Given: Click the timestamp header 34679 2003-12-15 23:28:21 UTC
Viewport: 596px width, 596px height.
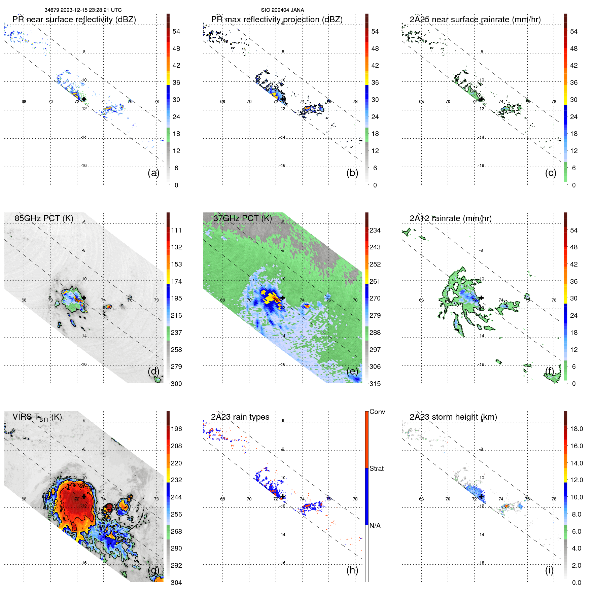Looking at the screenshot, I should [x=83, y=10].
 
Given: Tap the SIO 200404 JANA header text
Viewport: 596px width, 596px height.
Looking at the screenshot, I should [x=282, y=10].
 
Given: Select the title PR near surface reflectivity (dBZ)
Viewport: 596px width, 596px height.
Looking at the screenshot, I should [x=74, y=20].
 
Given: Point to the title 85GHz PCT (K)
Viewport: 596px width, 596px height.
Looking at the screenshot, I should [x=44, y=218].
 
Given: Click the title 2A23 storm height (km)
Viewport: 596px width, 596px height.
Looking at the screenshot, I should [x=453, y=417].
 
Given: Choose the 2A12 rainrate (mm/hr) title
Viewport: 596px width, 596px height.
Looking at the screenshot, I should [x=450, y=218].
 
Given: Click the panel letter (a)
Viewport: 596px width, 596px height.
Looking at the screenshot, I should [x=153, y=173].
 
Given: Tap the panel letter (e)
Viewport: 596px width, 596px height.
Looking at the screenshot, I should [x=352, y=371].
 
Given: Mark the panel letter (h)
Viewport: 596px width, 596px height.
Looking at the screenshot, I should [x=352, y=570].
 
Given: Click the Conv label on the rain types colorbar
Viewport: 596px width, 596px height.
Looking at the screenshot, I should [x=377, y=412].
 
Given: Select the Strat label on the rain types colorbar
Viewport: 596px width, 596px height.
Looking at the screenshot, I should [x=376, y=468].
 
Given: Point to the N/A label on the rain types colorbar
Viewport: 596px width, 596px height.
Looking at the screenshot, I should [x=375, y=526].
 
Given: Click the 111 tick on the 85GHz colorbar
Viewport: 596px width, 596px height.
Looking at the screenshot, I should [x=176, y=230].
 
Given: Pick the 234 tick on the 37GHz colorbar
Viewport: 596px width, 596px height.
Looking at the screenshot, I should [x=375, y=230].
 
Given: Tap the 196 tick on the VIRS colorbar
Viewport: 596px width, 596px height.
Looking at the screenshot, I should [x=176, y=429].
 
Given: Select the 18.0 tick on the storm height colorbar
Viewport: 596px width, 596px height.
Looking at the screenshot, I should [x=576, y=429].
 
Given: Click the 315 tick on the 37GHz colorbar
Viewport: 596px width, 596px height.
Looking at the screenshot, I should [x=375, y=384].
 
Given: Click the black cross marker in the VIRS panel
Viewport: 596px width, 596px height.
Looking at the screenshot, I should [x=84, y=496].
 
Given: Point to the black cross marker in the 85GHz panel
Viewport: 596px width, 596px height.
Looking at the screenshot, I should [x=84, y=298].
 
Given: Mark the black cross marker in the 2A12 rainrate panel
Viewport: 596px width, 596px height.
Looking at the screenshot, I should [x=482, y=298].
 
